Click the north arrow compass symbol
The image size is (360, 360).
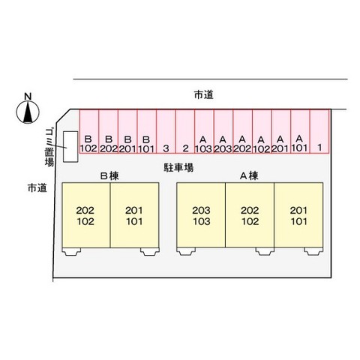point(28,112)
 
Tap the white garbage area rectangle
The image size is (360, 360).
point(70,147)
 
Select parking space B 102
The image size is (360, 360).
point(89,131)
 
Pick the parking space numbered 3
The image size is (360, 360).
point(166,131)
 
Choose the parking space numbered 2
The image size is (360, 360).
point(185,131)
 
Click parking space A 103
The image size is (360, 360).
point(204,131)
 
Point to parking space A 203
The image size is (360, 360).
point(223,131)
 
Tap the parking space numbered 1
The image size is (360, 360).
point(319,131)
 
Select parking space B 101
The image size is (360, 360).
point(147,131)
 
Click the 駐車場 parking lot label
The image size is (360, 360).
point(178,167)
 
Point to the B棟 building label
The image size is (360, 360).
point(109,176)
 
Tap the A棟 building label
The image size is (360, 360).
point(249,176)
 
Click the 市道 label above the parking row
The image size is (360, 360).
point(204,95)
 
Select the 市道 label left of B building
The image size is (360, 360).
point(37,187)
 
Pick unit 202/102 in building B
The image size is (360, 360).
point(86,215)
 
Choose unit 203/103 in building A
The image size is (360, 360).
point(201,215)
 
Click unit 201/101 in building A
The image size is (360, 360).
point(298,215)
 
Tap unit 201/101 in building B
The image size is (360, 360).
point(134,215)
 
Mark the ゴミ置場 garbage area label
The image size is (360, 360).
point(49,147)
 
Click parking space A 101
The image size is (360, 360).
point(300,131)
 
